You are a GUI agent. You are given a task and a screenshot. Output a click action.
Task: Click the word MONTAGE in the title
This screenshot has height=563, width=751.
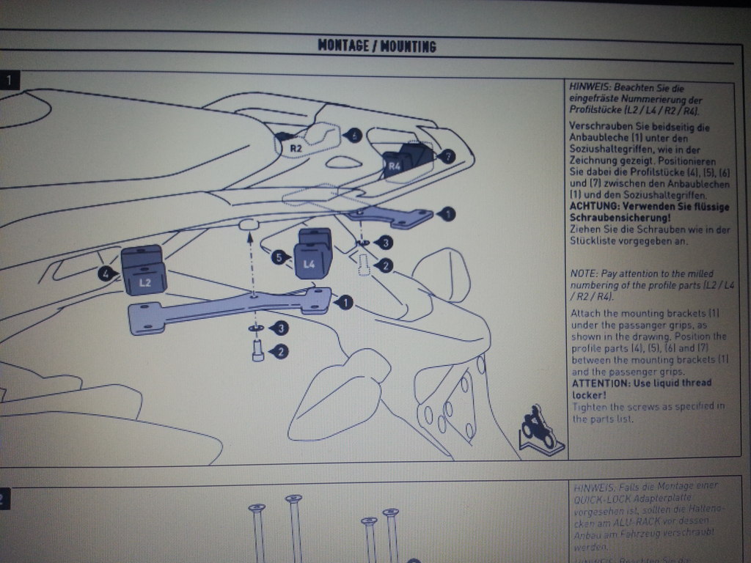342,46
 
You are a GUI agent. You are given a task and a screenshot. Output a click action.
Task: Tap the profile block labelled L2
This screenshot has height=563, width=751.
144,272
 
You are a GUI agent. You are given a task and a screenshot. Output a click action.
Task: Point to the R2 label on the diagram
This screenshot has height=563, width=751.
296,148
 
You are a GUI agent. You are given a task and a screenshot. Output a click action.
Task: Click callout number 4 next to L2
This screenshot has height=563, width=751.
106,273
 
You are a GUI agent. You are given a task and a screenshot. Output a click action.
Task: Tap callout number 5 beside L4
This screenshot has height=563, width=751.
278,257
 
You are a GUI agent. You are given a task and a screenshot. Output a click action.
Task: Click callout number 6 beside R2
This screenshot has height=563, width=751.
353,135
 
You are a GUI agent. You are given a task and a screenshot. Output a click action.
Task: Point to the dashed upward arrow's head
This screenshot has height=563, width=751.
250,236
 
